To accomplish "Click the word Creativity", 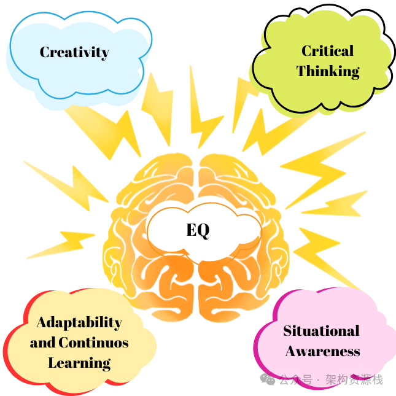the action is click(74, 52).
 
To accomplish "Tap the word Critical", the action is click(327, 51).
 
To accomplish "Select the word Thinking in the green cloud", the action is click(328, 71).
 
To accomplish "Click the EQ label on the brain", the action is click(198, 230).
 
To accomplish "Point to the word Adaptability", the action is click(79, 322).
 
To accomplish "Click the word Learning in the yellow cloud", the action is click(79, 362).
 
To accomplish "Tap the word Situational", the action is click(321, 331).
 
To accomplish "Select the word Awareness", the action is click(322, 351).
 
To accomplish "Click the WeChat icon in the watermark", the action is click(268, 379).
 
